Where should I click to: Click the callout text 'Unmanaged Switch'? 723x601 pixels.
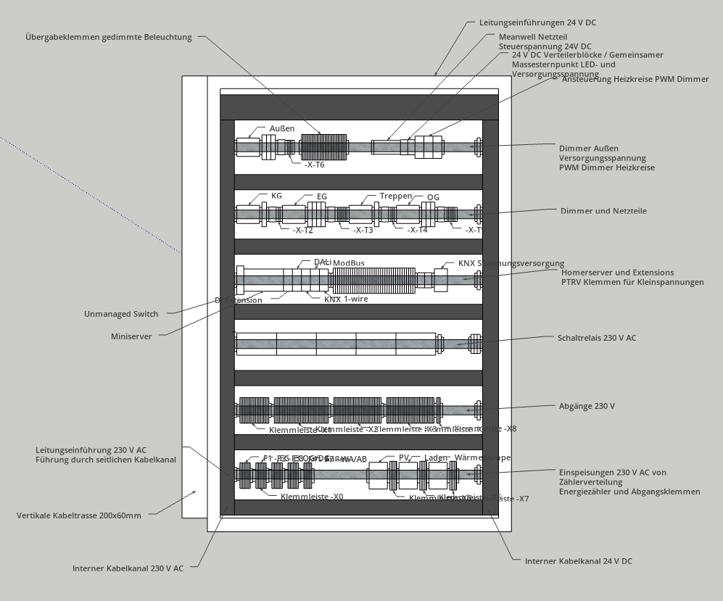pos(121,314)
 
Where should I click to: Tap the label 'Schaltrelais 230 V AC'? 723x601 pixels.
pos(597,338)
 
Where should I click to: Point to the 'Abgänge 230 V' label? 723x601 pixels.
pos(587,407)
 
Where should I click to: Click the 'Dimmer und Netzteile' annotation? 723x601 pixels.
pos(603,211)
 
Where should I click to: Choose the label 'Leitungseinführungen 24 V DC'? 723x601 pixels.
pos(537,23)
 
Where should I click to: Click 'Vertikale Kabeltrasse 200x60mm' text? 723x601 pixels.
pos(79,515)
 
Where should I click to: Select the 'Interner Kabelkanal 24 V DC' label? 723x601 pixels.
pos(578,561)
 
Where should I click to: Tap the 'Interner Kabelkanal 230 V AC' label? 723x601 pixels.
pos(128,568)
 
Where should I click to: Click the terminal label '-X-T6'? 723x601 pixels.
pos(314,165)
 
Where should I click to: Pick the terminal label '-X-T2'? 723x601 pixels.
pos(302,231)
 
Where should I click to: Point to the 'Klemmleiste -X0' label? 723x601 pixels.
pos(312,497)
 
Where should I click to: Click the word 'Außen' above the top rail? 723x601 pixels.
pos(282,129)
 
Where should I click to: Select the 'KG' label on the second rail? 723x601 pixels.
pos(276,196)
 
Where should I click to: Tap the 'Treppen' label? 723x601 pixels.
pos(395,196)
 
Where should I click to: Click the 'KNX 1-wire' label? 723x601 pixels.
pos(342,299)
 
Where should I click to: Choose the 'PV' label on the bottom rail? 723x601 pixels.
pos(405,458)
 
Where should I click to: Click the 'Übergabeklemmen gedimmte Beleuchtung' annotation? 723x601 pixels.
pos(109,38)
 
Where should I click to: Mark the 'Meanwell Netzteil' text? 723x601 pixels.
pos(533,36)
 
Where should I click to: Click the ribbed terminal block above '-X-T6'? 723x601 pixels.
pos(323,147)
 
